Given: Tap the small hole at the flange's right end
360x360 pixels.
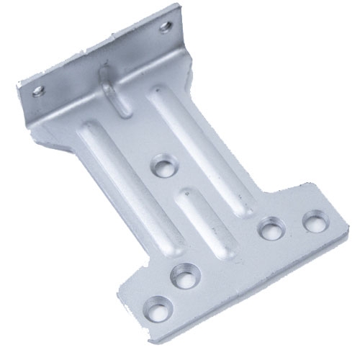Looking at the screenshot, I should [x=166, y=27].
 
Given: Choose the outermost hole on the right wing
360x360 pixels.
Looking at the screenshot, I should [x=314, y=220].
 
